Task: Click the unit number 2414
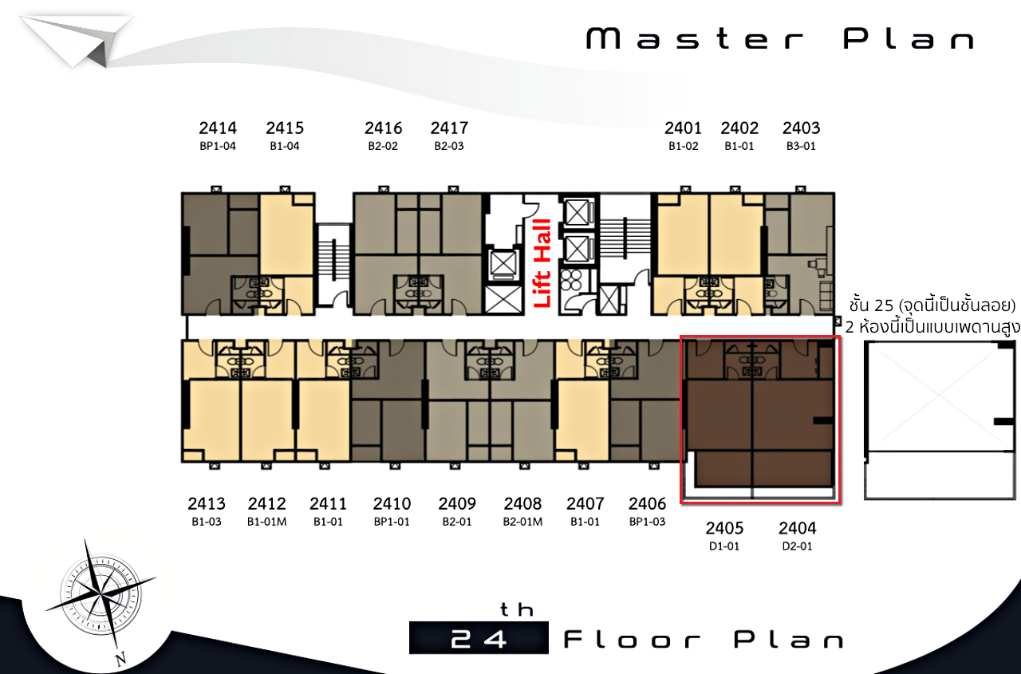coord(218,128)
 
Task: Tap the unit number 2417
coord(449,128)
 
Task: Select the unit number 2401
coord(683,128)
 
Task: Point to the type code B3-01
coord(801,146)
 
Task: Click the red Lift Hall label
coord(542,263)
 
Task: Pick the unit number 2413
coord(207,503)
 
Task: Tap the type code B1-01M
coord(267,522)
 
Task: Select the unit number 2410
coord(392,503)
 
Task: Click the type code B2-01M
coord(522,522)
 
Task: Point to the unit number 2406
coord(647,503)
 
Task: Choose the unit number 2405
coord(725,528)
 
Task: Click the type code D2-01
coord(797,546)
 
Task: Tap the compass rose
coord(101,595)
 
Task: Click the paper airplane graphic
coord(77,41)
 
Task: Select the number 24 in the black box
coord(479,639)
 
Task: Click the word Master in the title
coord(695,39)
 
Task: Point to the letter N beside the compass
coord(120,659)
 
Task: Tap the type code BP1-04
coord(218,146)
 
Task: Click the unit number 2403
coord(802,128)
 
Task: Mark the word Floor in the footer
coord(632,640)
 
